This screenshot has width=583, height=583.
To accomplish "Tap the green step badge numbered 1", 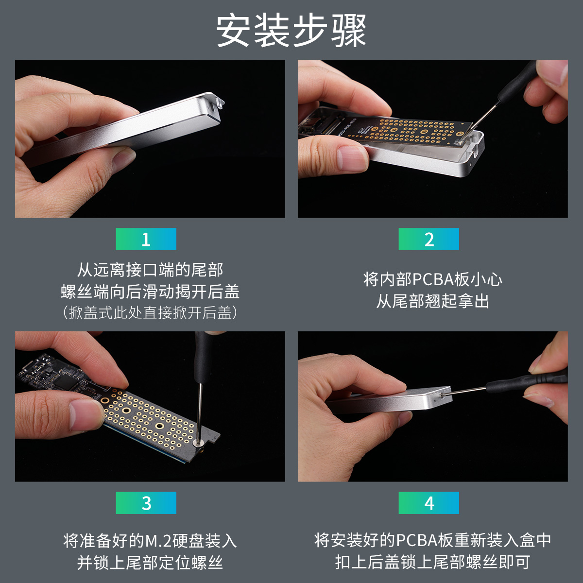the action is coord(146,239).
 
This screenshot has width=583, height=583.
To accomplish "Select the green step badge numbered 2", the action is coord(429,239).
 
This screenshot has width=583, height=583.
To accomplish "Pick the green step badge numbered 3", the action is coord(146,503).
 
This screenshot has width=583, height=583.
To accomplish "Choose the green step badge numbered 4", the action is coord(429,503).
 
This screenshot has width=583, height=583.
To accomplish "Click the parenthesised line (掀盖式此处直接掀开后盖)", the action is coord(150,312).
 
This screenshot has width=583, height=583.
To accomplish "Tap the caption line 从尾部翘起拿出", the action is coord(433,301).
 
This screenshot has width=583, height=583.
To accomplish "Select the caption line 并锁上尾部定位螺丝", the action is coord(150,563).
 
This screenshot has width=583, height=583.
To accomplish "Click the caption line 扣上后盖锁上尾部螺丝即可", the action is coord(433,563).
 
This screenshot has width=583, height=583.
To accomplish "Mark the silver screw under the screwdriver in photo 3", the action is coord(198,443).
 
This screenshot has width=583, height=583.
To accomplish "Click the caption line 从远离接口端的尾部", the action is coord(150,270).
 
